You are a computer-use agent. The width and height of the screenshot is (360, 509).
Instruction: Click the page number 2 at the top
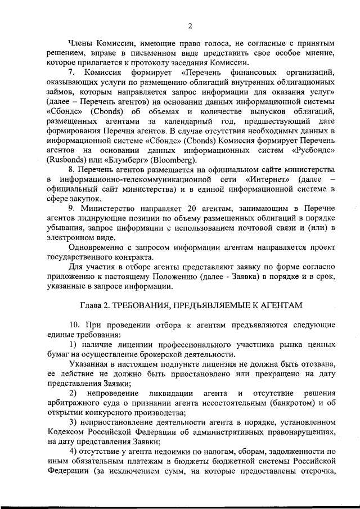[x=190, y=25]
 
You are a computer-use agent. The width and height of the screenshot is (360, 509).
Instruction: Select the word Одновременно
[x=96, y=249]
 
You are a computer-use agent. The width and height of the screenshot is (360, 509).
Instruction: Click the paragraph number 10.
[x=75, y=326]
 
